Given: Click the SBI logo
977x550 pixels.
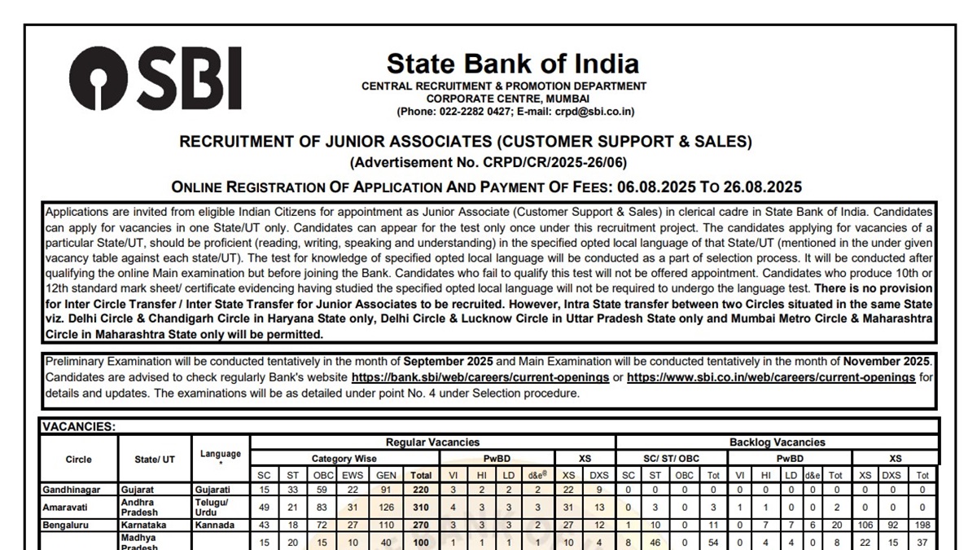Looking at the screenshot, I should (155, 78).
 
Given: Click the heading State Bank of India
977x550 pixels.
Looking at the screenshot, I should (512, 64).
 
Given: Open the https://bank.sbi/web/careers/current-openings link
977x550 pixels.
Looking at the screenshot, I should (480, 377).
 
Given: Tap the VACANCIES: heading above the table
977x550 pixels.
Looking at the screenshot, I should (79, 426).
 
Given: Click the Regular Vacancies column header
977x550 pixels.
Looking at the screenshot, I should (432, 442).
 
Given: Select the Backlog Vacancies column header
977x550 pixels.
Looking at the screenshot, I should (777, 442).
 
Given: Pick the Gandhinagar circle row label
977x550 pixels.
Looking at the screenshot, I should (74, 490).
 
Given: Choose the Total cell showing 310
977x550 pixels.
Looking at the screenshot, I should (421, 507).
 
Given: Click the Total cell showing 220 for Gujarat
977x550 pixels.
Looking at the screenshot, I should (421, 490).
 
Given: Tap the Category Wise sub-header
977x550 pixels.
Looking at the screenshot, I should (344, 459).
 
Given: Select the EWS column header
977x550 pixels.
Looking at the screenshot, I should (353, 475).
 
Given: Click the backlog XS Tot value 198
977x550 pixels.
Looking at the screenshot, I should (922, 526).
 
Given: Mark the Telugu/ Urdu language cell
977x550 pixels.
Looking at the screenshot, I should (211, 507).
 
